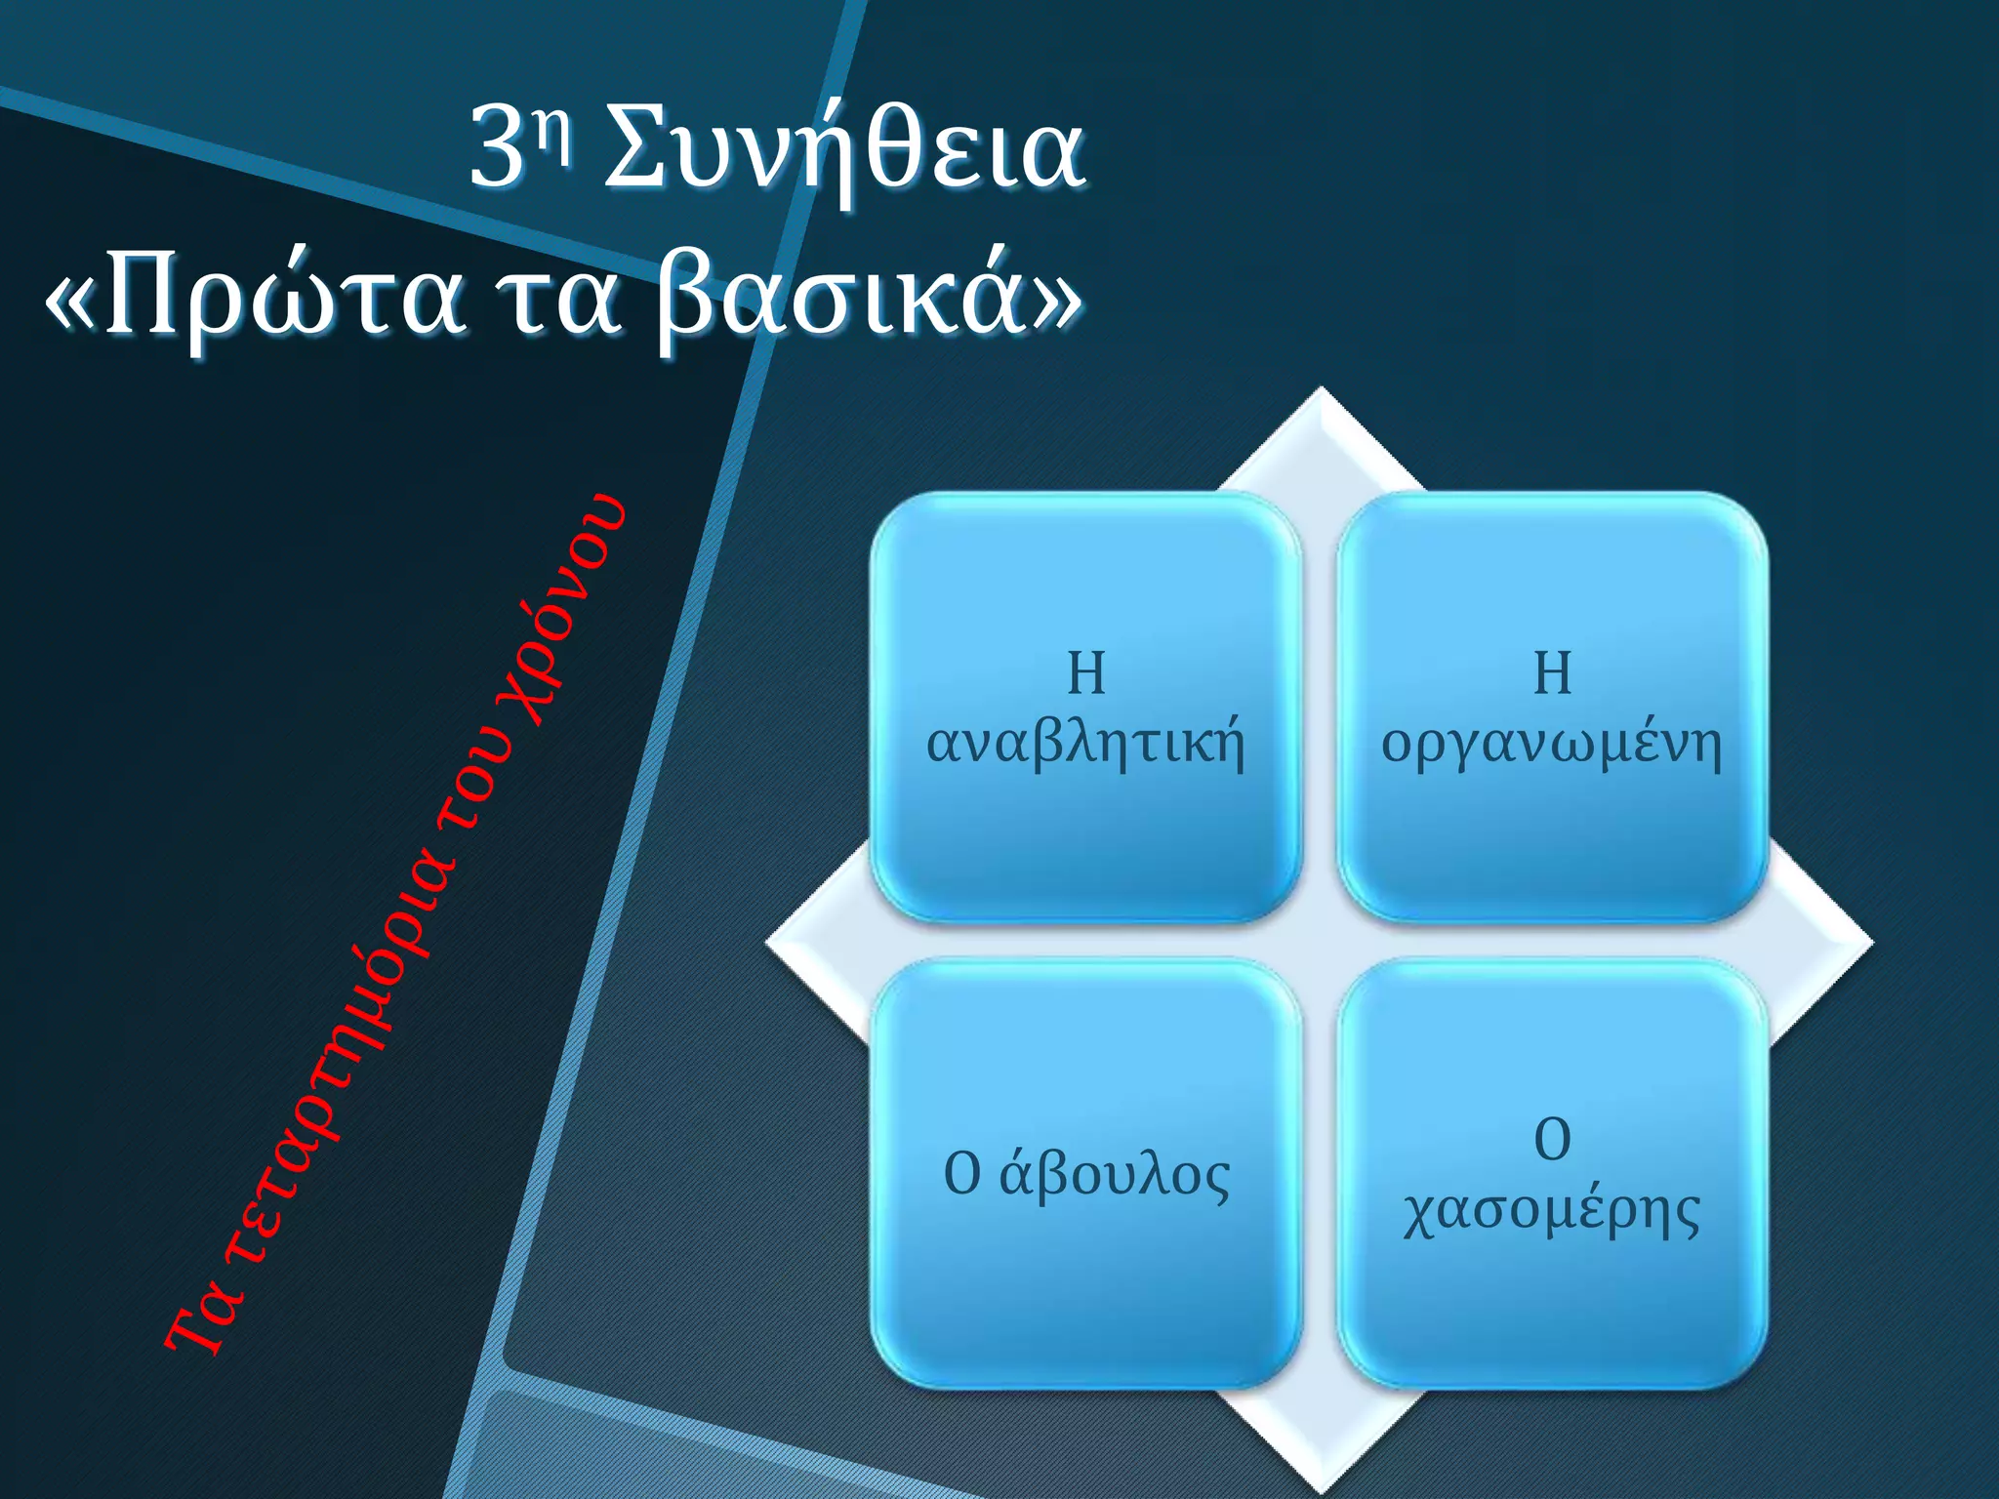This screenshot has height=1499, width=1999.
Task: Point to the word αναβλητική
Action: (x=1085, y=744)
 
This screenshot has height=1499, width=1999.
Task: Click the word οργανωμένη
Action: (x=1552, y=744)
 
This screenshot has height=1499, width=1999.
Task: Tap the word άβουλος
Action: (x=1115, y=1174)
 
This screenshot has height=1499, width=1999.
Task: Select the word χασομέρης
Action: (x=1552, y=1212)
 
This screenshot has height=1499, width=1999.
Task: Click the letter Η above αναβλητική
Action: (x=1085, y=673)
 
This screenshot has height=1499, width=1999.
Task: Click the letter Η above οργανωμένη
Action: (x=1552, y=673)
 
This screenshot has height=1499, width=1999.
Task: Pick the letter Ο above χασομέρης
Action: (x=1552, y=1139)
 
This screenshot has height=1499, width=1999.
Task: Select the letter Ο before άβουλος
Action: (x=961, y=1174)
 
